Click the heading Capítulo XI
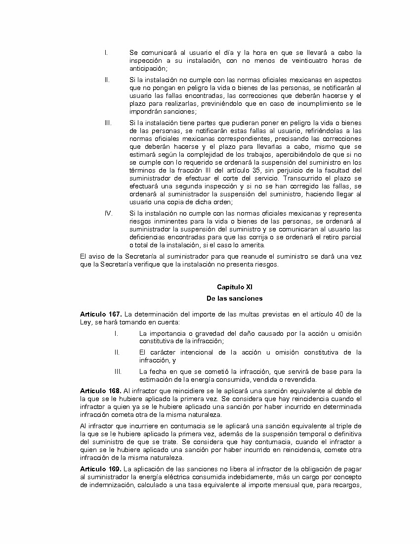point(235,287)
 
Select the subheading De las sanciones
point(235,298)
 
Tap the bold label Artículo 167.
point(101,314)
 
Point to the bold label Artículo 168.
point(101,391)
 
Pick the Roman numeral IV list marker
point(109,213)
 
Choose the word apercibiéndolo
point(294,154)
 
